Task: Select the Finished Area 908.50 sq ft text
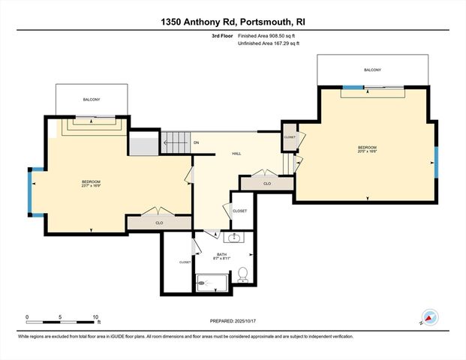click(268, 35)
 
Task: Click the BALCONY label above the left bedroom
click(92, 99)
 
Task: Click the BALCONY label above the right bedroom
click(373, 70)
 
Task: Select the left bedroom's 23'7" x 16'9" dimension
click(91, 186)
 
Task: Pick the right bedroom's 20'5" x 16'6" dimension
click(367, 151)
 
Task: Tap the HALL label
click(236, 153)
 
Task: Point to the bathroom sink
click(234, 238)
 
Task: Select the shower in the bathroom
click(211, 282)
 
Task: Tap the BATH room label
click(221, 255)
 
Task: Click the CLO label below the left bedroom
click(159, 223)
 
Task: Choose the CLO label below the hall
click(266, 183)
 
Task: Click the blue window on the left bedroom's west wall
click(31, 193)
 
